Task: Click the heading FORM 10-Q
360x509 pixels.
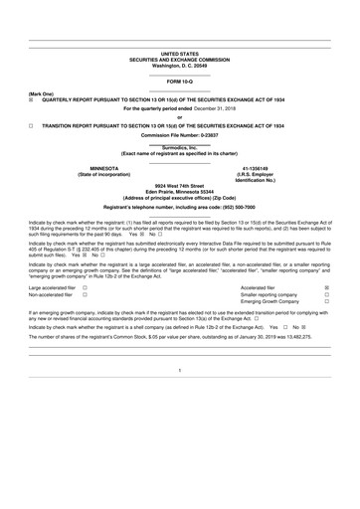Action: (x=179, y=80)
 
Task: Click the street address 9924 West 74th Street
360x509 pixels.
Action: (x=179, y=185)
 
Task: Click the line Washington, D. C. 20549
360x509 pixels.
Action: (x=179, y=65)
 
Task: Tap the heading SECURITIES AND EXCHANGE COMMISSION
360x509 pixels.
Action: (x=179, y=59)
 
